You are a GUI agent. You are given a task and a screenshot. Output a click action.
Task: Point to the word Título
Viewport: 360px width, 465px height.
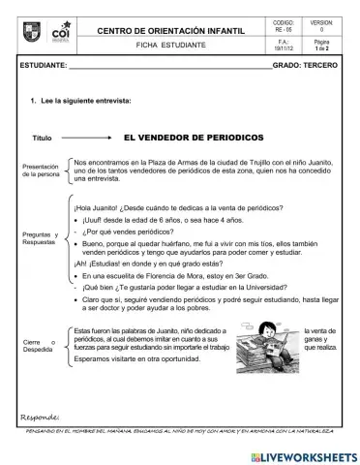click(x=43, y=139)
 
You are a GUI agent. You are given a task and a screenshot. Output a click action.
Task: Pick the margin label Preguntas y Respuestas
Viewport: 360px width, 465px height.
click(x=40, y=238)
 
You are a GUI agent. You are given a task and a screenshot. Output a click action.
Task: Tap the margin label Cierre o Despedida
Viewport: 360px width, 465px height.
click(x=40, y=346)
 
